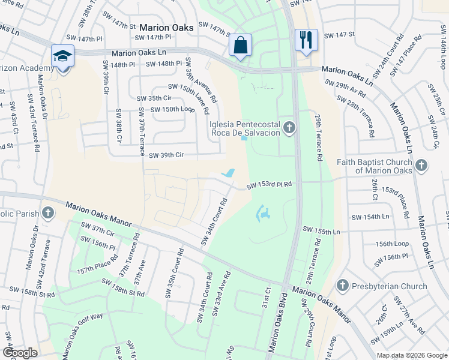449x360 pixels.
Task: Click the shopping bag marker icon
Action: click(x=240, y=45)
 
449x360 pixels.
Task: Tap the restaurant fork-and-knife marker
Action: click(x=307, y=40)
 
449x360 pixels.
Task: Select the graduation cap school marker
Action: click(x=62, y=56)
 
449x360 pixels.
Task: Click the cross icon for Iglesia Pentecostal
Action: click(x=289, y=127)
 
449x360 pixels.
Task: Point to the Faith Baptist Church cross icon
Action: click(x=421, y=164)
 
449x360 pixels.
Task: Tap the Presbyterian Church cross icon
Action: click(x=343, y=286)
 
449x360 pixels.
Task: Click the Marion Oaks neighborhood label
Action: click(x=163, y=27)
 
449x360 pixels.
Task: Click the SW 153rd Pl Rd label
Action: click(x=269, y=185)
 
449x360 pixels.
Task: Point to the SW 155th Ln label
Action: click(x=321, y=230)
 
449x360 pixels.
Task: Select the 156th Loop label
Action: click(x=392, y=245)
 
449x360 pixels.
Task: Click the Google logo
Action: click(x=20, y=352)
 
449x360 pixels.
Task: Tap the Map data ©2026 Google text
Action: click(x=411, y=355)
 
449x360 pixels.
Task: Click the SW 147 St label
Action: click(x=340, y=35)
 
